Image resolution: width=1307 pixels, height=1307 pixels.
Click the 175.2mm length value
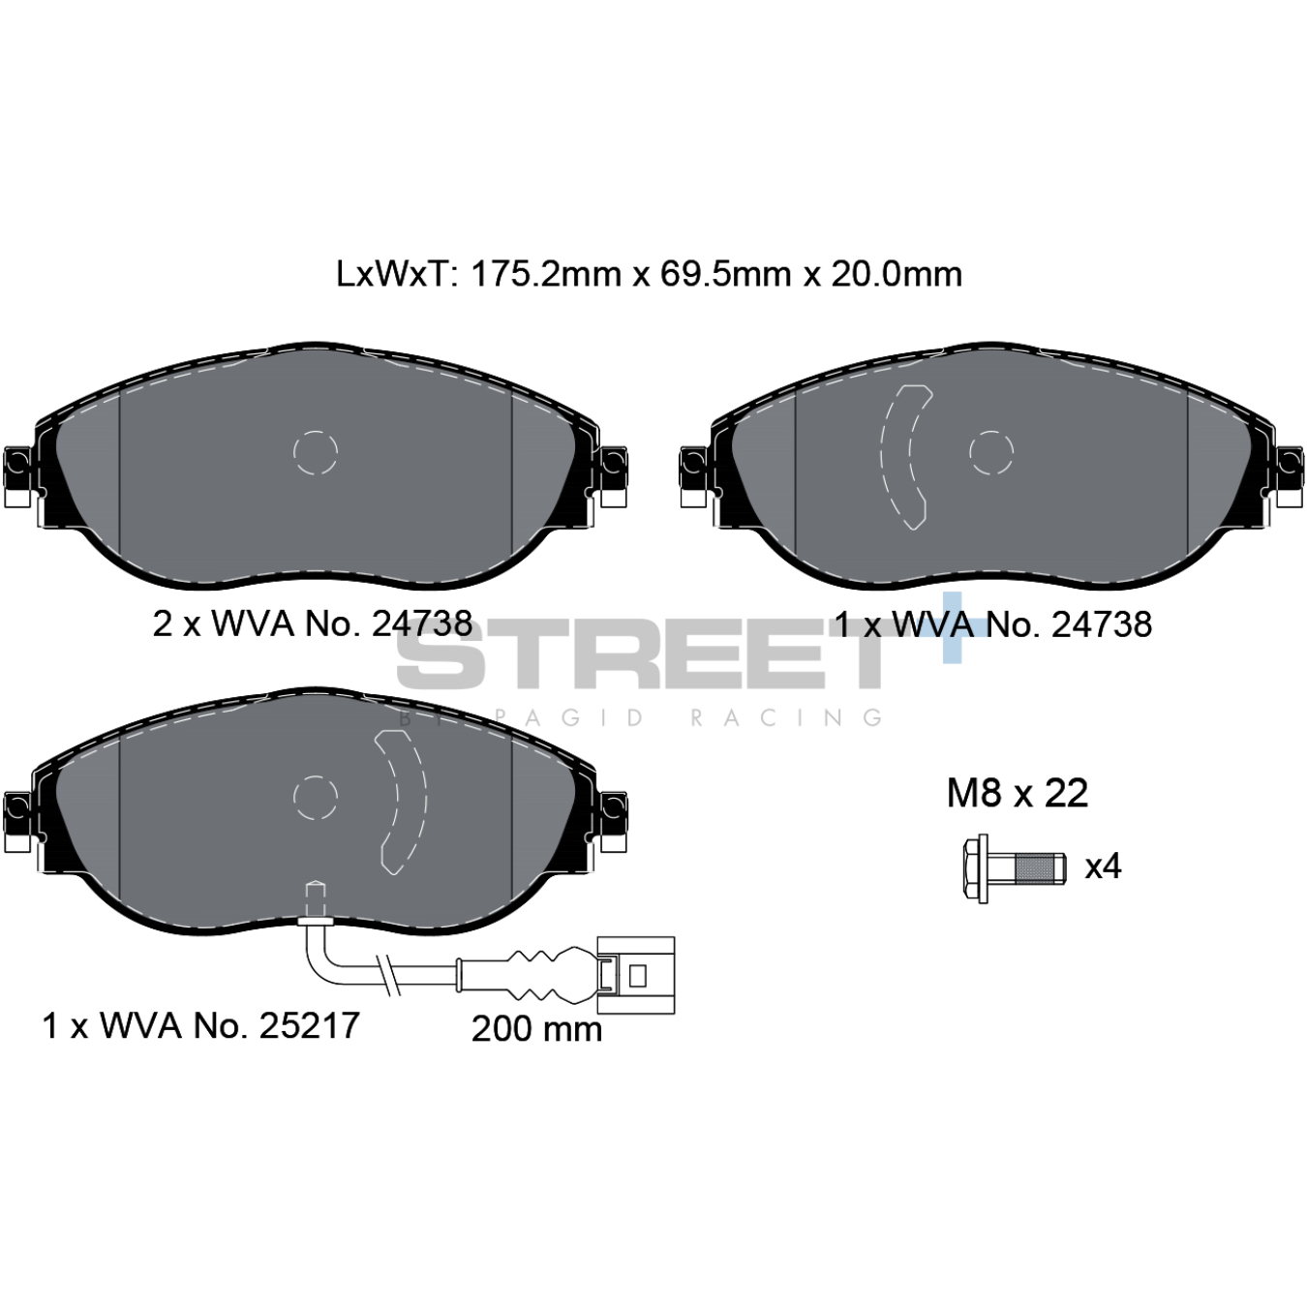pyautogui.click(x=545, y=274)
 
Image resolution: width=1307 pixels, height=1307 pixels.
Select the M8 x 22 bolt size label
pyautogui.click(x=1018, y=794)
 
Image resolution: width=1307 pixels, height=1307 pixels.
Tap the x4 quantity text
pyautogui.click(x=1103, y=866)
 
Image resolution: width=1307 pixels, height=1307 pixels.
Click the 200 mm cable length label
pyautogui.click(x=536, y=1028)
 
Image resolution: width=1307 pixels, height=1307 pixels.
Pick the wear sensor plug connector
pyautogui.click(x=635, y=974)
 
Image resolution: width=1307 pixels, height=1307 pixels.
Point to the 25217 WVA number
pyautogui.click(x=309, y=1025)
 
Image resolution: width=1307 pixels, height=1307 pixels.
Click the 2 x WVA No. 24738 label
pyautogui.click(x=313, y=623)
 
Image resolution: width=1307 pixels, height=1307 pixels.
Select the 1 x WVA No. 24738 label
pyautogui.click(x=993, y=623)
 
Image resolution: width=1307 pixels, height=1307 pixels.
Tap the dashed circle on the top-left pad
pyautogui.click(x=315, y=452)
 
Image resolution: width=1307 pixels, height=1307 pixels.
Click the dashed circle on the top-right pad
pyautogui.click(x=991, y=452)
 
